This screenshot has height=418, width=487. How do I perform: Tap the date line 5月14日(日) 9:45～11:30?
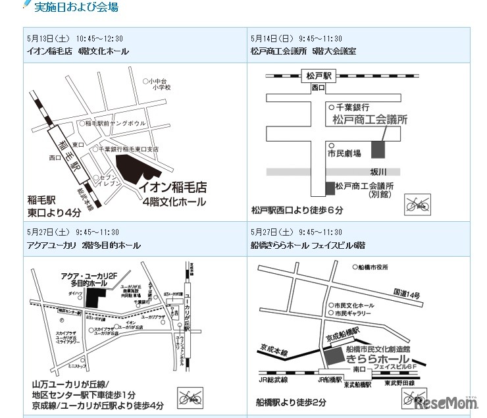tap(296, 38)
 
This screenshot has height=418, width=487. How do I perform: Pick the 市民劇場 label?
tap(344, 153)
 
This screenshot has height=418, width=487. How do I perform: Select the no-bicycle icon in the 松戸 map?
tap(417, 204)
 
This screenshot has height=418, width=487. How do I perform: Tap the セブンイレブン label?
tap(109, 182)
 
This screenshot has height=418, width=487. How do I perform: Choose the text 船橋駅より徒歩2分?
tap(291, 402)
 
